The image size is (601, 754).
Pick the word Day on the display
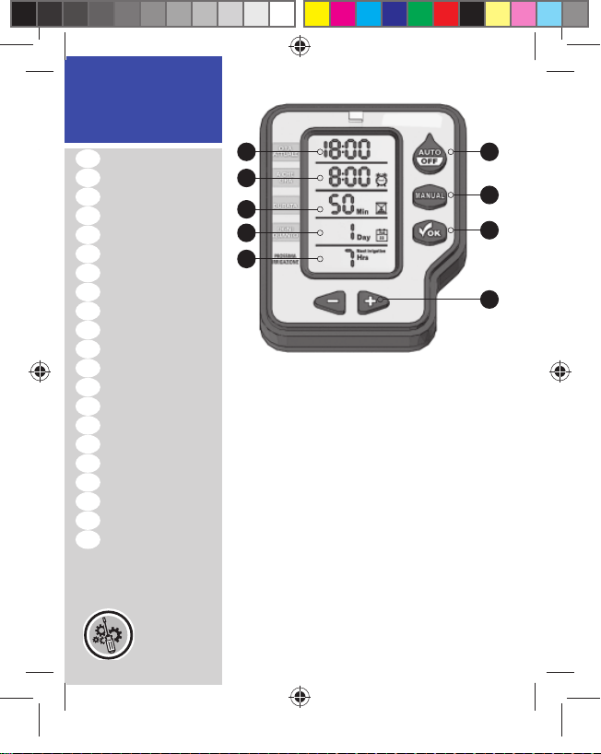(x=365, y=238)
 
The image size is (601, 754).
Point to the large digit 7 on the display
(x=348, y=258)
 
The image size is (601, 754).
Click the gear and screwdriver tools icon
(x=107, y=635)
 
